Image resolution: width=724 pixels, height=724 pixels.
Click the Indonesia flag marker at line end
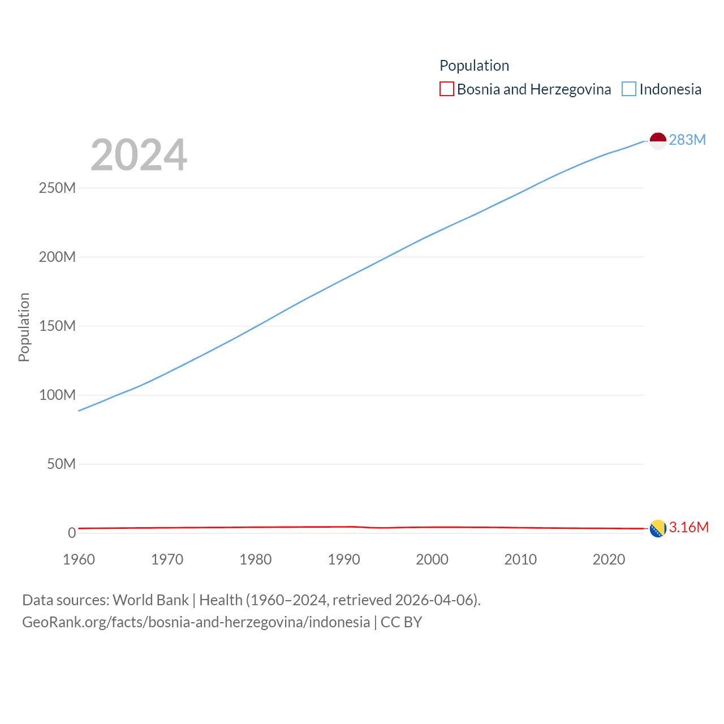(x=658, y=141)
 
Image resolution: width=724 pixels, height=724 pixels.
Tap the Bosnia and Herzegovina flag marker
(x=658, y=529)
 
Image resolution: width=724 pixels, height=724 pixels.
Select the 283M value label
(x=687, y=140)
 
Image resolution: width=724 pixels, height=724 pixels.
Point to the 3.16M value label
(x=688, y=527)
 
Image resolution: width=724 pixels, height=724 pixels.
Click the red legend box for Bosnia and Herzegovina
(x=447, y=89)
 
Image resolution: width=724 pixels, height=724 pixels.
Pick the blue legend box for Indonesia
(x=629, y=89)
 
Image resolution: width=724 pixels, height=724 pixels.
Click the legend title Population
(x=474, y=66)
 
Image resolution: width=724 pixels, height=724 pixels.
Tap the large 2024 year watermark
(x=139, y=154)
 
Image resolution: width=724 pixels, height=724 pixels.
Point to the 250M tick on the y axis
(x=57, y=188)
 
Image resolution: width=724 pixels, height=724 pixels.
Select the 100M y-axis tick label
(x=57, y=395)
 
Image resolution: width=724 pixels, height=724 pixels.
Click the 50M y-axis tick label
(x=61, y=464)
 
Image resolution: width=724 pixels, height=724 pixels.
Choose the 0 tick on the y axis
(x=72, y=533)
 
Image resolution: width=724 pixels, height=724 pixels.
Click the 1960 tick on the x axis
(x=79, y=559)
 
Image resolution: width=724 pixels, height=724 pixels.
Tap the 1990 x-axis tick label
(x=344, y=559)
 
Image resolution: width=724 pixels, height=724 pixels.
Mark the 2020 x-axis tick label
(x=609, y=559)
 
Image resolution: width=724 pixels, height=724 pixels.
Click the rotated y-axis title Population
(x=24, y=327)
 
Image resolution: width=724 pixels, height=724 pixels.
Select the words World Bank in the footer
(x=150, y=600)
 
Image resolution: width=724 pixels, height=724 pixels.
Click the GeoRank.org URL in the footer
(x=196, y=622)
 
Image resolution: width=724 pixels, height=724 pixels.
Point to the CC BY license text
(x=401, y=622)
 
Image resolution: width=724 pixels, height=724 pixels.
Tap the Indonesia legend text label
(x=670, y=89)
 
